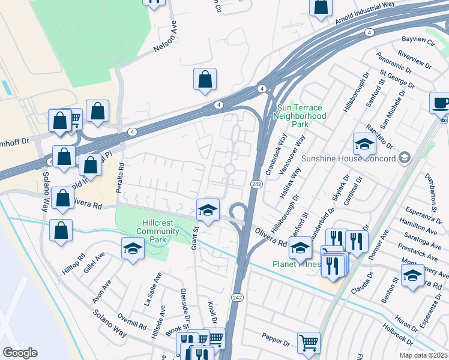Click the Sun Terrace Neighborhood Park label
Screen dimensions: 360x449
[x=301, y=116]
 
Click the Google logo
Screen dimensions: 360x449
[x=20, y=352]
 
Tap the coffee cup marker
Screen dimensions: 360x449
[x=441, y=102]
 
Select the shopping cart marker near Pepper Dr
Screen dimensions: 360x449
[x=309, y=343]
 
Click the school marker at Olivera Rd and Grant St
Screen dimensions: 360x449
[x=208, y=209]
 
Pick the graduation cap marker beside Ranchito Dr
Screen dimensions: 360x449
[x=364, y=144]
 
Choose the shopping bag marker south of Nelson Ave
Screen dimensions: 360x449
[x=205, y=79]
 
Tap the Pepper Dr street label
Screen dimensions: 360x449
[x=276, y=340]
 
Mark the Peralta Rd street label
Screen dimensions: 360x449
[x=121, y=174]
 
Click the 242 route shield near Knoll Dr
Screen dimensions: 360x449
[x=237, y=297]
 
